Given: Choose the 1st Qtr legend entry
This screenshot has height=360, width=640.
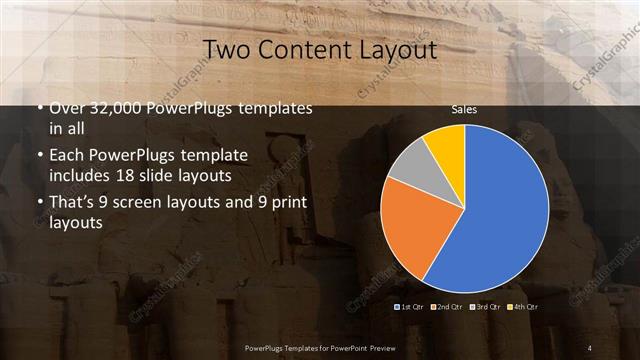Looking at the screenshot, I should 411,305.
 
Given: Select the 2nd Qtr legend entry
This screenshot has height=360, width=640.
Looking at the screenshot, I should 446,305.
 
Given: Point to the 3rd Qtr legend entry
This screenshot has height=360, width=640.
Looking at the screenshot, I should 488,305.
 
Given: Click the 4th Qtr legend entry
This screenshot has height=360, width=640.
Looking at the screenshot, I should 526,305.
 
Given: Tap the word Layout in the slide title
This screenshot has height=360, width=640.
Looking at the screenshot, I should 400,50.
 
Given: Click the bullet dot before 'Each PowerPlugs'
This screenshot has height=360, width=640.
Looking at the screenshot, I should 39,157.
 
